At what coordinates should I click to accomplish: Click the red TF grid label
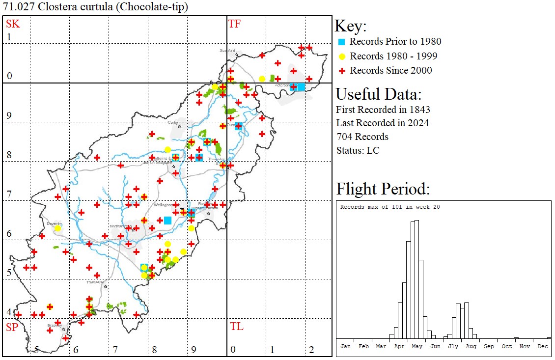[234, 24]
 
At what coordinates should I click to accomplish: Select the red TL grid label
[236, 327]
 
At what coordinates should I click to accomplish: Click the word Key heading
[350, 26]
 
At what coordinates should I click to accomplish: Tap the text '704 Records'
[362, 137]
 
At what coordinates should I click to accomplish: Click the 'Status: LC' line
[358, 150]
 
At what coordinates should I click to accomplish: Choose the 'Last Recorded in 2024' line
[382, 123]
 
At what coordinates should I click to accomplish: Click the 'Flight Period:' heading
[383, 189]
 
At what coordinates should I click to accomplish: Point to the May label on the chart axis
[417, 346]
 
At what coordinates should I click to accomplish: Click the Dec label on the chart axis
[542, 346]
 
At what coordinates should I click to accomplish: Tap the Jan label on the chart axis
[345, 346]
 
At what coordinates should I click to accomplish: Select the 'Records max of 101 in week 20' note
[390, 207]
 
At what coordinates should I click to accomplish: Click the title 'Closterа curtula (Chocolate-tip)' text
[95, 7]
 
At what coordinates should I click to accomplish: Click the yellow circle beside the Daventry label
[58, 228]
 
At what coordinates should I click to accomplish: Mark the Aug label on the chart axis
[471, 346]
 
